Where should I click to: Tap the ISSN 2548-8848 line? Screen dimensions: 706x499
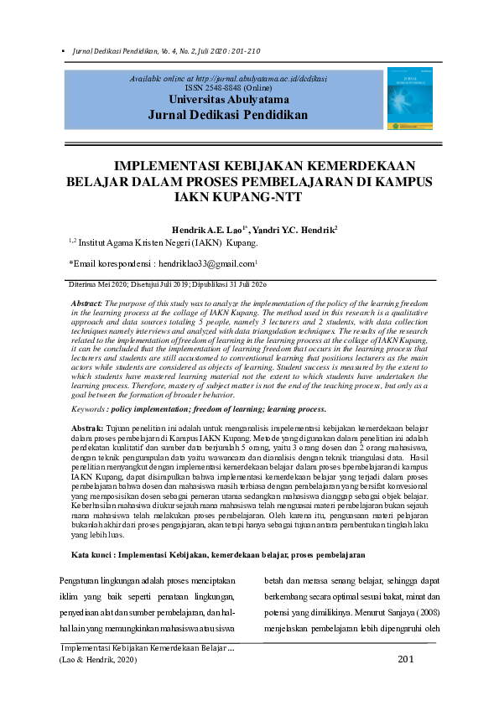coord(228,88)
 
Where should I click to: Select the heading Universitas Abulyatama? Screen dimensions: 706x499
coord(228,100)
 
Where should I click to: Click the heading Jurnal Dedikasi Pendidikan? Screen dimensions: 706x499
coord(228,115)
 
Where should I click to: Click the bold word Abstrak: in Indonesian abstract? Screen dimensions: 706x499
coord(87,429)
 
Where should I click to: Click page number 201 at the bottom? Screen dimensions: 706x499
coord(406,660)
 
